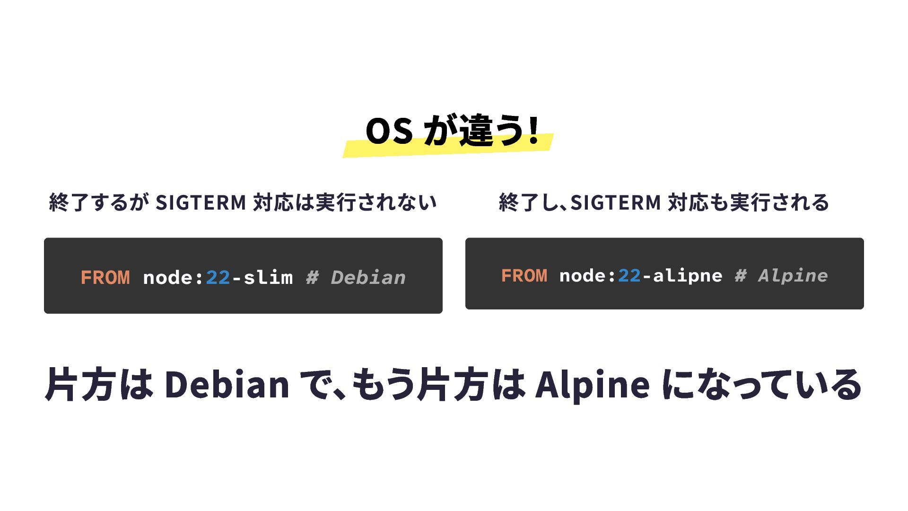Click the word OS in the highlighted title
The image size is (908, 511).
click(389, 131)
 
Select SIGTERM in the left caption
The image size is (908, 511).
click(201, 203)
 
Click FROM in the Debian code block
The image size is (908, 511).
click(105, 278)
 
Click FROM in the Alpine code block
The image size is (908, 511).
click(524, 276)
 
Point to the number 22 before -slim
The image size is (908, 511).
click(218, 278)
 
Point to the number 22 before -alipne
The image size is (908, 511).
click(629, 276)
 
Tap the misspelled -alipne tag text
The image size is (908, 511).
click(682, 276)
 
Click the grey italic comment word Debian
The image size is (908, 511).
click(368, 278)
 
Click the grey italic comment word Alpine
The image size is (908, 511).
click(793, 276)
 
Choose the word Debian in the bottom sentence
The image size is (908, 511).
click(227, 384)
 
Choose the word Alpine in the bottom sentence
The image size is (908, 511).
click(592, 384)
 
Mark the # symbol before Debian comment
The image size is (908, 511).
click(312, 278)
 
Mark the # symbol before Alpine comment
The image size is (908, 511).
click(741, 276)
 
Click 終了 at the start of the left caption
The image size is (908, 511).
click(69, 203)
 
